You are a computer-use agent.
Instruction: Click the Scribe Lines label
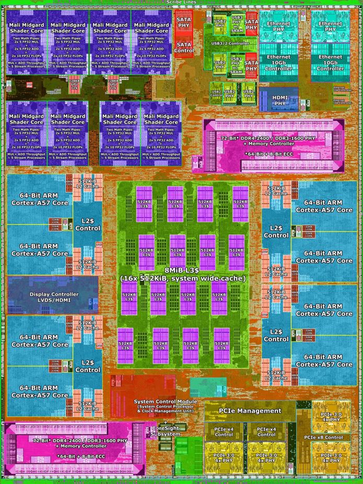click(x=181, y=3)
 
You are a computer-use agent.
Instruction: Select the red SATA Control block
click(x=184, y=48)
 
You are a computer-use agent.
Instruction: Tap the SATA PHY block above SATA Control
click(x=184, y=22)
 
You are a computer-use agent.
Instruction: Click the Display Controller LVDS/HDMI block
click(x=53, y=297)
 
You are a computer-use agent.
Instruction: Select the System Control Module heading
click(x=166, y=401)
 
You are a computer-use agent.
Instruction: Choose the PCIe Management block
click(x=250, y=411)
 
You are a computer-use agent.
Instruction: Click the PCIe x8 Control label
click(x=323, y=437)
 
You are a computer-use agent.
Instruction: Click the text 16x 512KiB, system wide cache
click(x=182, y=278)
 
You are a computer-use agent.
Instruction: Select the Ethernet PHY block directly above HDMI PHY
click(x=278, y=27)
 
